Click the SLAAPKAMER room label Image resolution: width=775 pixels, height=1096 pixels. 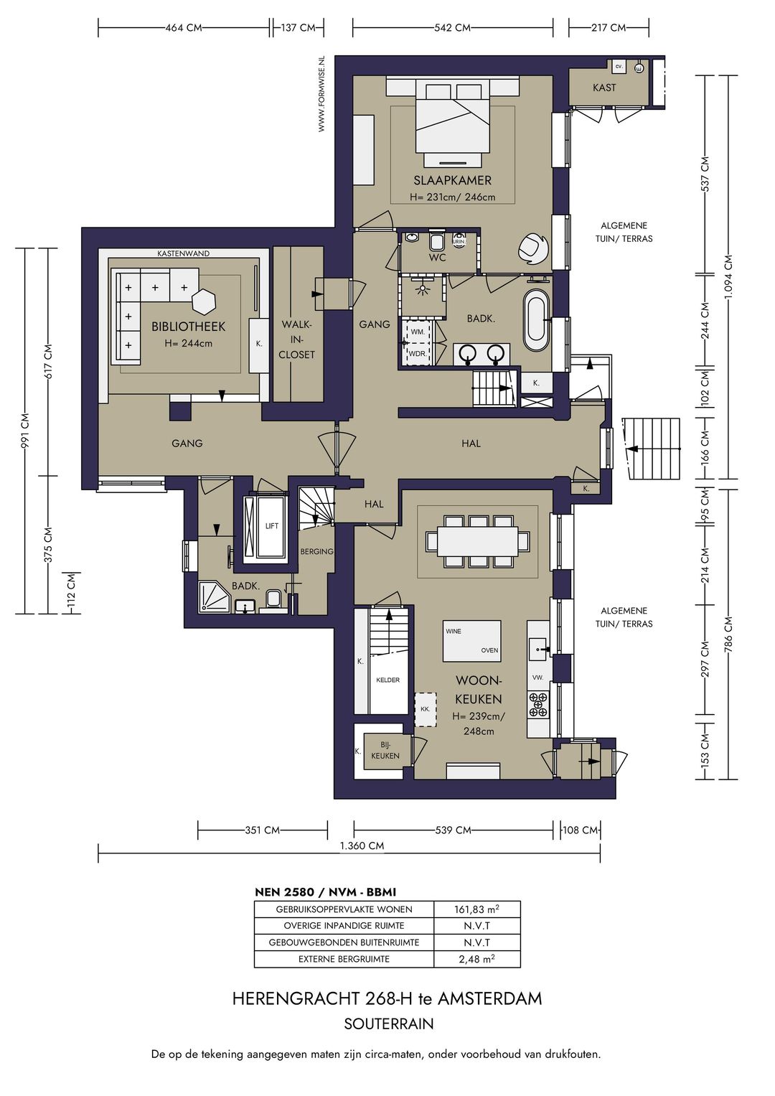(x=452, y=181)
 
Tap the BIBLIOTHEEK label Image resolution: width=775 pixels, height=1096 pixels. (x=188, y=327)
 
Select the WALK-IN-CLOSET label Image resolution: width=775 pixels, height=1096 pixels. (x=296, y=339)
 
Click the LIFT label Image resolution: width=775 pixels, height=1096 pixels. (x=271, y=526)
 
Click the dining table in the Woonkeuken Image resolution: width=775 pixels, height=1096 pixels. (x=477, y=540)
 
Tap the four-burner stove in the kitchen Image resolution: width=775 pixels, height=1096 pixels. (x=539, y=705)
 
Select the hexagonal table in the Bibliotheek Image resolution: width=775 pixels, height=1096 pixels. (x=204, y=301)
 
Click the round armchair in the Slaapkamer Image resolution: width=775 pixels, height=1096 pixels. (x=532, y=248)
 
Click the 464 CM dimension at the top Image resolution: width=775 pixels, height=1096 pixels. (x=184, y=28)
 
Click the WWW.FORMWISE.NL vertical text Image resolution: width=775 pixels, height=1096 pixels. (x=321, y=93)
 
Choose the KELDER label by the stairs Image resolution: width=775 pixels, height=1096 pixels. (x=388, y=680)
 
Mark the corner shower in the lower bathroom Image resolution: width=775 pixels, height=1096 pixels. (x=214, y=596)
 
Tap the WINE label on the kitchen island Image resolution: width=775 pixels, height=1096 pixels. (x=454, y=631)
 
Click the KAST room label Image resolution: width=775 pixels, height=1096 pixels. (x=604, y=88)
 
